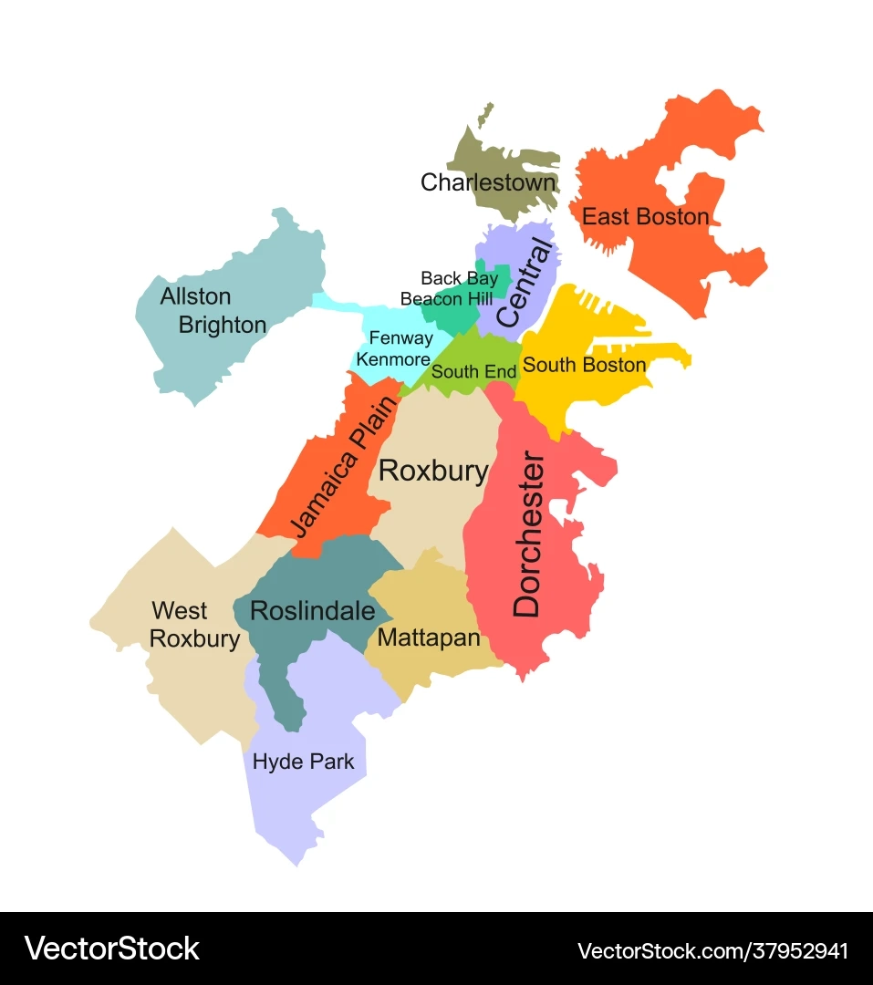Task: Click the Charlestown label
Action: click(x=488, y=182)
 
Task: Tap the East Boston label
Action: click(x=645, y=217)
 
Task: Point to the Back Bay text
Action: click(x=459, y=278)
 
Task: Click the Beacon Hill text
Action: click(x=446, y=298)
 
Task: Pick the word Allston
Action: click(x=195, y=296)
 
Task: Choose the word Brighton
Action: click(x=223, y=325)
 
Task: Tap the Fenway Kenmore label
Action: click(x=394, y=348)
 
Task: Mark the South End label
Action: click(x=473, y=372)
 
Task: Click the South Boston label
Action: click(x=584, y=365)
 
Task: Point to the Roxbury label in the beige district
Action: click(x=433, y=471)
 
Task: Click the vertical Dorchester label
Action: click(x=528, y=534)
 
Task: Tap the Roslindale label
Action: click(x=312, y=610)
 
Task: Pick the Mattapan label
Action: click(x=428, y=638)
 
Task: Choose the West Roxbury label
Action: click(x=194, y=625)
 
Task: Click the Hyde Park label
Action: click(x=303, y=761)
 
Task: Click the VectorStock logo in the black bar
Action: click(x=111, y=949)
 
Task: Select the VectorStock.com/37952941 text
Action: click(x=712, y=950)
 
